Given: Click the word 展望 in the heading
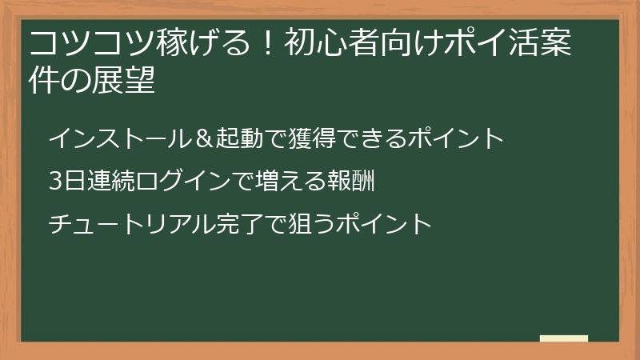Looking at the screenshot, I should (128, 81).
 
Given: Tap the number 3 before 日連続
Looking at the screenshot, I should (54, 181).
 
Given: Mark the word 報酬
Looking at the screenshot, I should (351, 181).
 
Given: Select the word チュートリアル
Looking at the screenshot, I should (119, 222).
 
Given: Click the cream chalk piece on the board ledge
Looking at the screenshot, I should (564, 338).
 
